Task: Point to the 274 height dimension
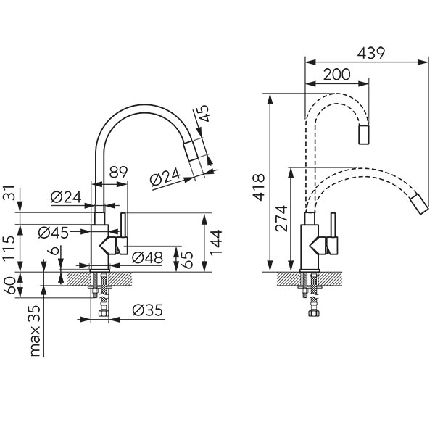point(282,217)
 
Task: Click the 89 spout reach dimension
point(119,173)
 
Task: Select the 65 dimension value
point(187,259)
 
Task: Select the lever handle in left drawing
point(123,229)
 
